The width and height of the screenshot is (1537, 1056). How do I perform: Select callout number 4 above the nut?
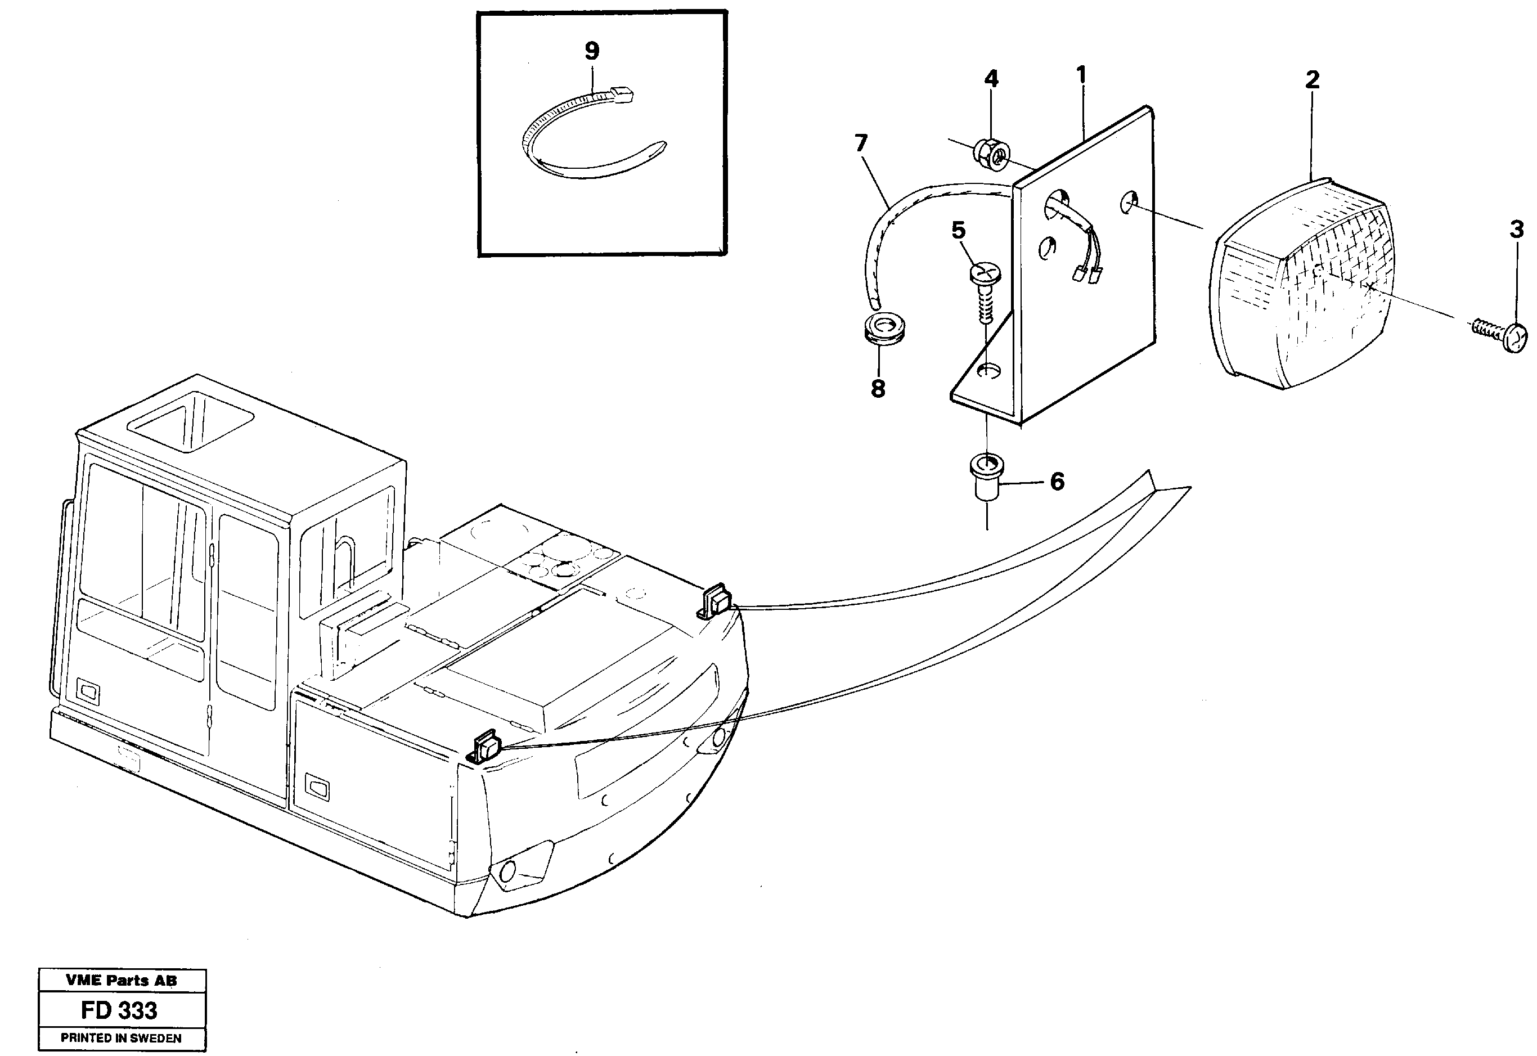(991, 79)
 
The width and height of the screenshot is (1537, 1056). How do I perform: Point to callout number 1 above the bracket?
(1081, 75)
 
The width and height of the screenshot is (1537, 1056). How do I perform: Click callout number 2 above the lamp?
(1312, 80)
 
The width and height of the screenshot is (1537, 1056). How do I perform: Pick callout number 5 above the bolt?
(958, 230)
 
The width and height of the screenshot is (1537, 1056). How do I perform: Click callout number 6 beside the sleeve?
(1057, 482)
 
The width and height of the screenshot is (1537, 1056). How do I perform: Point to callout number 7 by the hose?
(861, 143)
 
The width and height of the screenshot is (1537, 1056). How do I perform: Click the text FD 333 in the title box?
(119, 1010)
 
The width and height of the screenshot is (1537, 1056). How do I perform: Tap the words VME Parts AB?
(121, 981)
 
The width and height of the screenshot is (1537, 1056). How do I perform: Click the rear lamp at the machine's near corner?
(486, 748)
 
